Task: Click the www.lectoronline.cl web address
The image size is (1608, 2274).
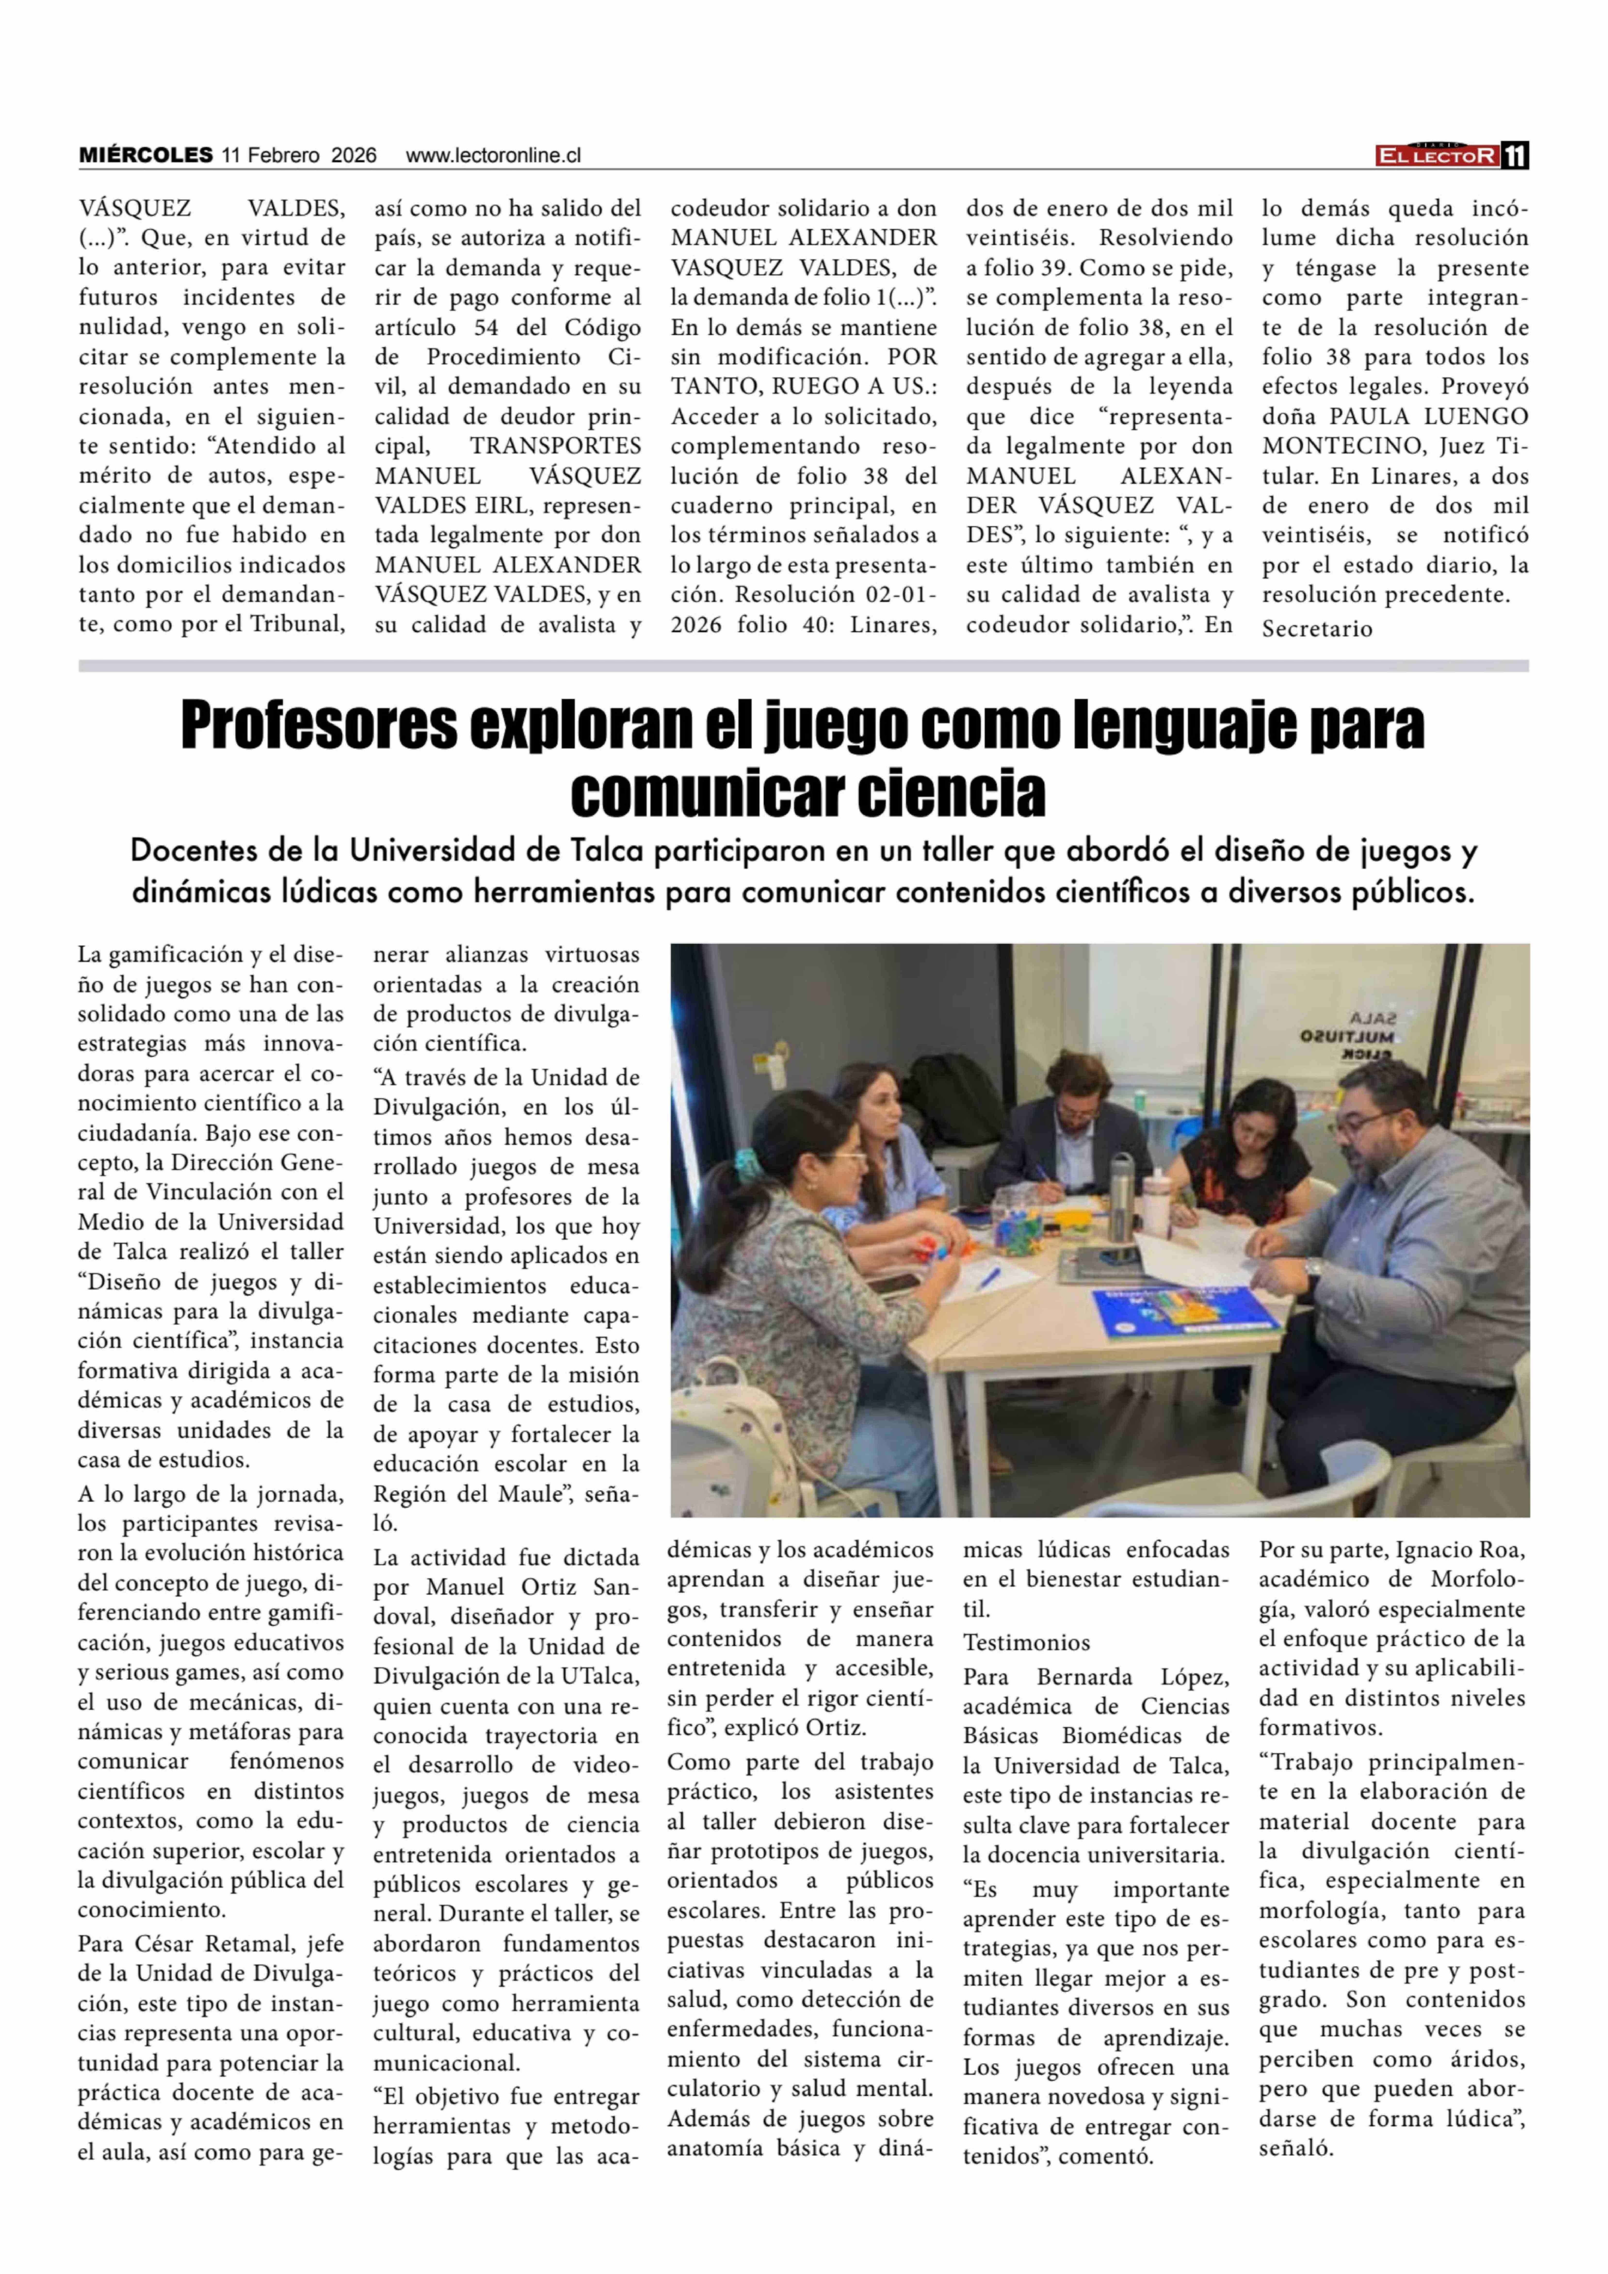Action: (x=493, y=155)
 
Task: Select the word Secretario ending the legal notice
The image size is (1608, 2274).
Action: (x=1317, y=629)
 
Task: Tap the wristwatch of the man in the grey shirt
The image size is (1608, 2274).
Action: (x=1313, y=1267)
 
